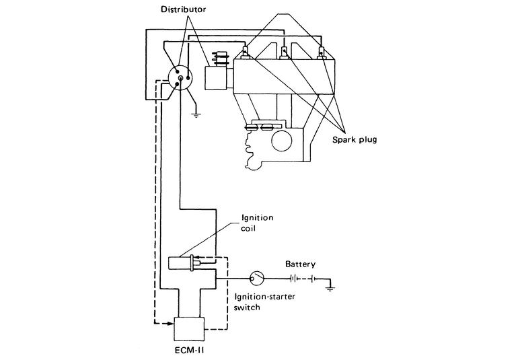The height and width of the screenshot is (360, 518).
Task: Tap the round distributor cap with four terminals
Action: point(180,79)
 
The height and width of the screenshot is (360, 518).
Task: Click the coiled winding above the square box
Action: point(217,59)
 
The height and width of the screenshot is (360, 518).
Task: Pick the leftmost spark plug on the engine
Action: point(247,52)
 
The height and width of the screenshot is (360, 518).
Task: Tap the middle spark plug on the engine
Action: point(285,52)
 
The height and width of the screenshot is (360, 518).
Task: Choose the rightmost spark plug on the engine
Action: point(322,52)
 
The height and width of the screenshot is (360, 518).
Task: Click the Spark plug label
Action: point(355,141)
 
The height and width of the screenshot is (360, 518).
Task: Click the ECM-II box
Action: point(188,328)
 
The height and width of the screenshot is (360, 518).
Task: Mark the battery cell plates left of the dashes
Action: point(294,276)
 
